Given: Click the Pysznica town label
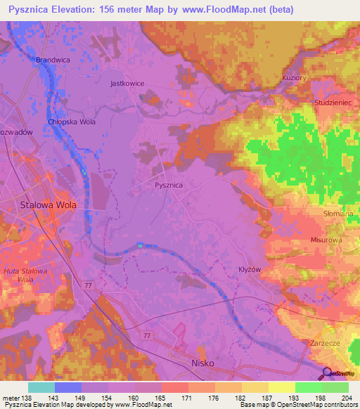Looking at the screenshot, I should [x=168, y=185].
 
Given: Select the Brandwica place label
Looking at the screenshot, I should [x=53, y=60].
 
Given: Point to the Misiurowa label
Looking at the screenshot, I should [x=326, y=240].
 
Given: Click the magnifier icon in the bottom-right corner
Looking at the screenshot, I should [x=326, y=373].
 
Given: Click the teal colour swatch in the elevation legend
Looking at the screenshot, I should [x=41, y=387].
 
